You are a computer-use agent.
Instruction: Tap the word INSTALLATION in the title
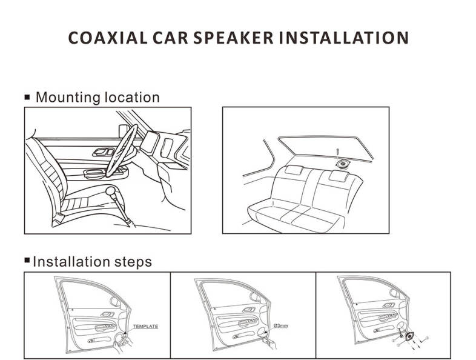pos(343,38)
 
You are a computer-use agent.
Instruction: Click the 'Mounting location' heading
pos(98,97)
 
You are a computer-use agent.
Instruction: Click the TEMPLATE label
pos(145,327)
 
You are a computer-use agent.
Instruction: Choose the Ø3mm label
pos(283,326)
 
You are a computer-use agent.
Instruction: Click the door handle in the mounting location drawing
pos(102,152)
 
